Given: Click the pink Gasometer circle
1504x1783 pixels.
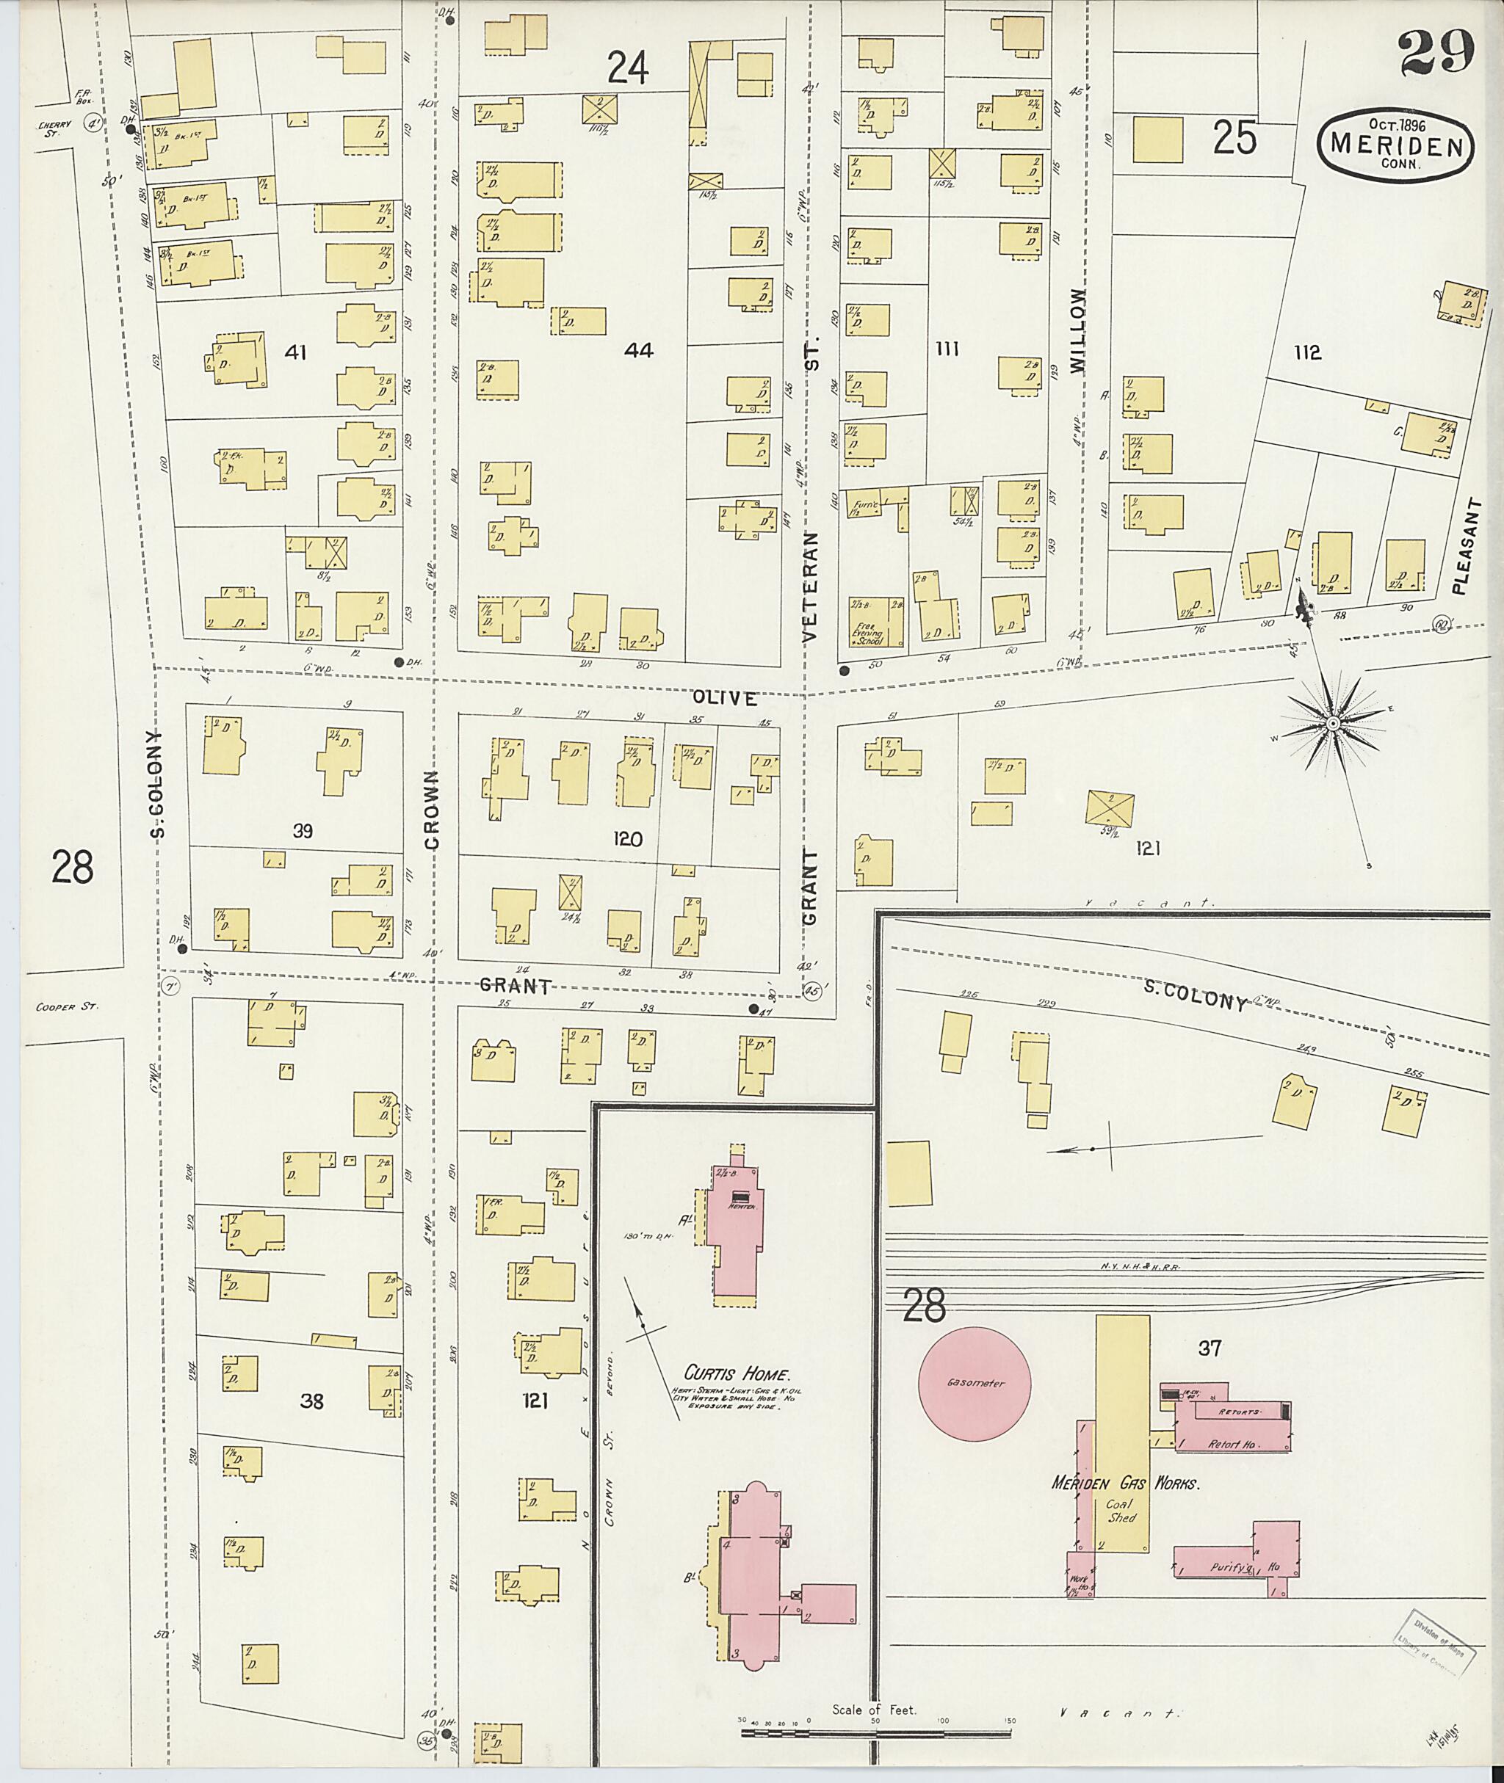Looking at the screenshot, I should click(975, 1383).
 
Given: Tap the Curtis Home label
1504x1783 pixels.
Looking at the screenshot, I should click(737, 1374).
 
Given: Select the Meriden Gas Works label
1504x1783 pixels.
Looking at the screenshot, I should click(1126, 1483).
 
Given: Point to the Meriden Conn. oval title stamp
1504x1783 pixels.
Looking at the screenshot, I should click(1394, 145).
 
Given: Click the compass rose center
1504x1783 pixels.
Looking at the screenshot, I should click(1331, 724).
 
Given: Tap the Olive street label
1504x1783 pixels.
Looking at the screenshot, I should click(724, 698).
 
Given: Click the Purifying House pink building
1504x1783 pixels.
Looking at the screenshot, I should click(1236, 1566).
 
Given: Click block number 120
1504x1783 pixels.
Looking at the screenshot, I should click(626, 840).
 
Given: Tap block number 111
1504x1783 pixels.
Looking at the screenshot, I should click(947, 349).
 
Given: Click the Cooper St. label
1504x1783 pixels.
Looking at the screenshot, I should click(68, 1006).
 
